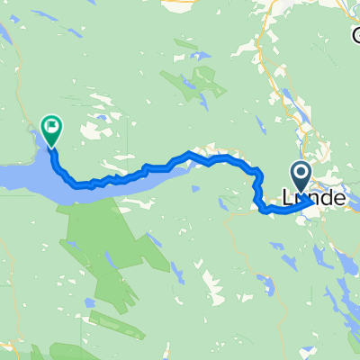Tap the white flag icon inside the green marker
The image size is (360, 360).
click(x=52, y=127)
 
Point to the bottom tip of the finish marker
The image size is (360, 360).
click(x=52, y=147)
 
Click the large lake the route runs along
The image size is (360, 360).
click(x=27, y=175)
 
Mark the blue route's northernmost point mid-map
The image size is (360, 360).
click(x=189, y=154)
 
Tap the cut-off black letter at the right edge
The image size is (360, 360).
click(x=355, y=36)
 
